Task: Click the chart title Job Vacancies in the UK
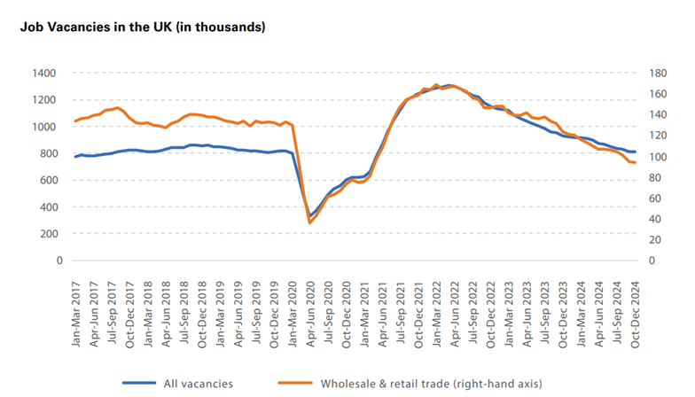[x=143, y=27]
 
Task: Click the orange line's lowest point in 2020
[x=309, y=222]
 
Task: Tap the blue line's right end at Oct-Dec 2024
[x=635, y=152]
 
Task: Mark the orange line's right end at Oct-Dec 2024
[x=635, y=163]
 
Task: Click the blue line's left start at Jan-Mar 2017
[x=75, y=157]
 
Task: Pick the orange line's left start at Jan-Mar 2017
[x=75, y=121]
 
